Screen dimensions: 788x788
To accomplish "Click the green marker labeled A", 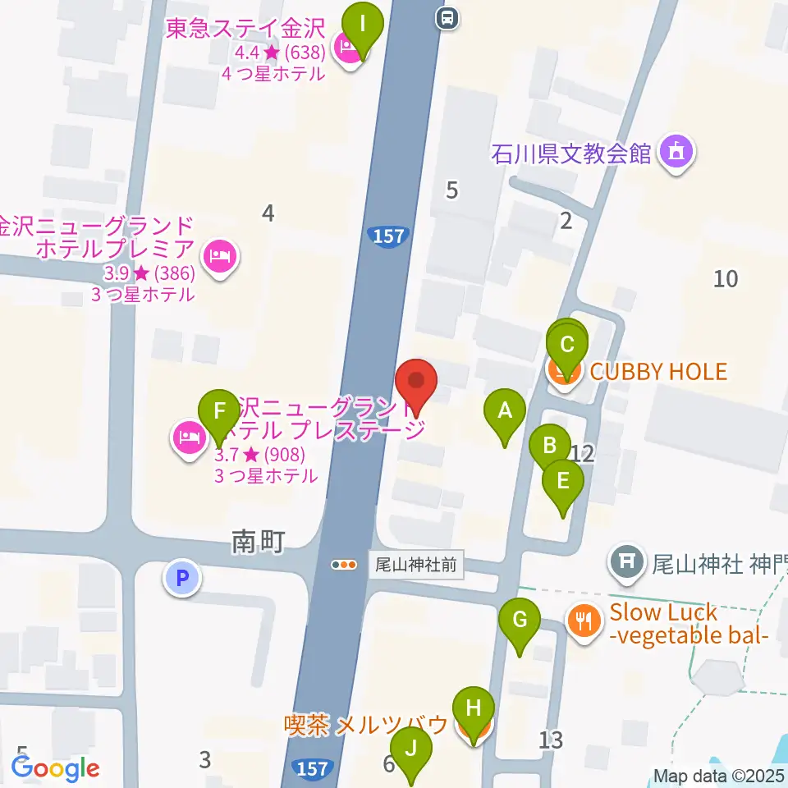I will pos(504,410).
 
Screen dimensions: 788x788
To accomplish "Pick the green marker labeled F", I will pos(219,410).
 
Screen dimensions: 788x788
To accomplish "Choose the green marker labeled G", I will pos(520,620).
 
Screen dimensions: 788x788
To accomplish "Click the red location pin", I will pos(416,383).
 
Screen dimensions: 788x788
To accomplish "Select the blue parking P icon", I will pos(183,577).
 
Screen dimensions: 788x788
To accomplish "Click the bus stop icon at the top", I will pos(447,16).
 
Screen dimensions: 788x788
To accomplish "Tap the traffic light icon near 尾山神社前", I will pos(345,565).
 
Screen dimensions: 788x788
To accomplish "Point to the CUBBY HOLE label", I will pos(658,372).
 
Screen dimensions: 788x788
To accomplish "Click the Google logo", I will pos(55,767).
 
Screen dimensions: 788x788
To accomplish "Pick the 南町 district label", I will pos(258,542).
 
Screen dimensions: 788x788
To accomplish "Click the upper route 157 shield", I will pos(388,236).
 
